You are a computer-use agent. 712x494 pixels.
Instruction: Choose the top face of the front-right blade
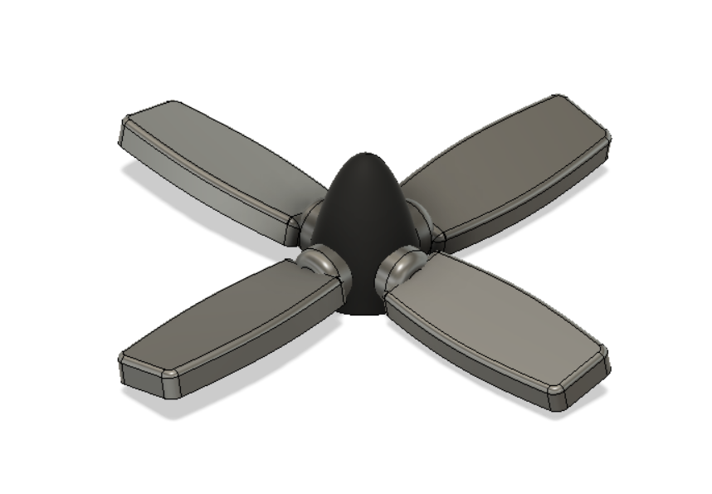pyautogui.click(x=490, y=320)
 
